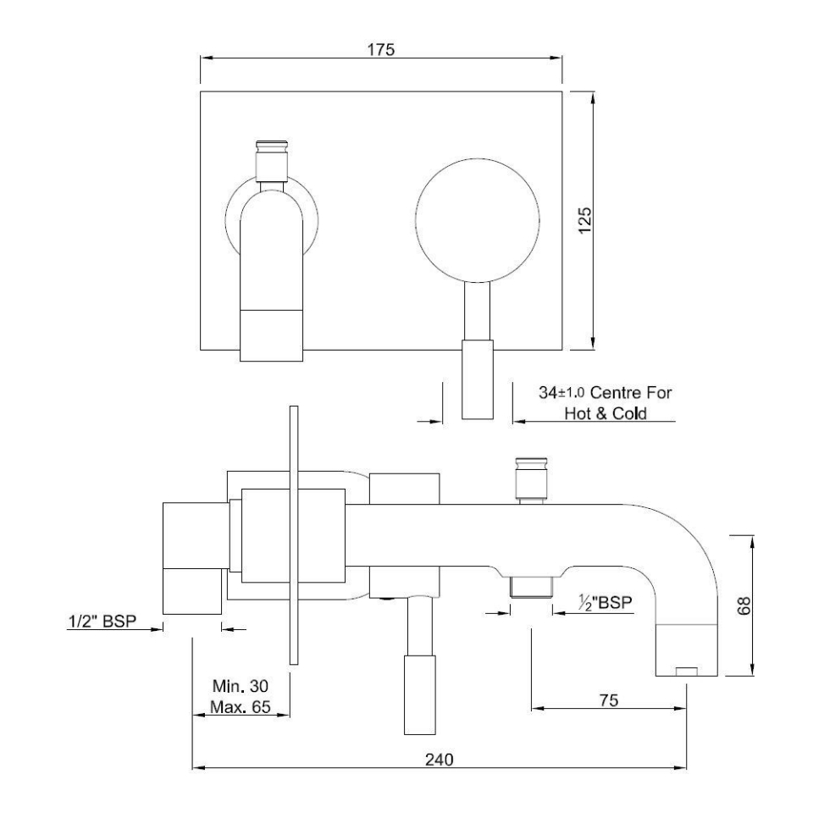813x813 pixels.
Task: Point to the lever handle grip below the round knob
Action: click(477, 379)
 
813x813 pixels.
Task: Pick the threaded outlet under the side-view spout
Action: click(529, 586)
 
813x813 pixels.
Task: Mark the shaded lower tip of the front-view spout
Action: click(272, 335)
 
